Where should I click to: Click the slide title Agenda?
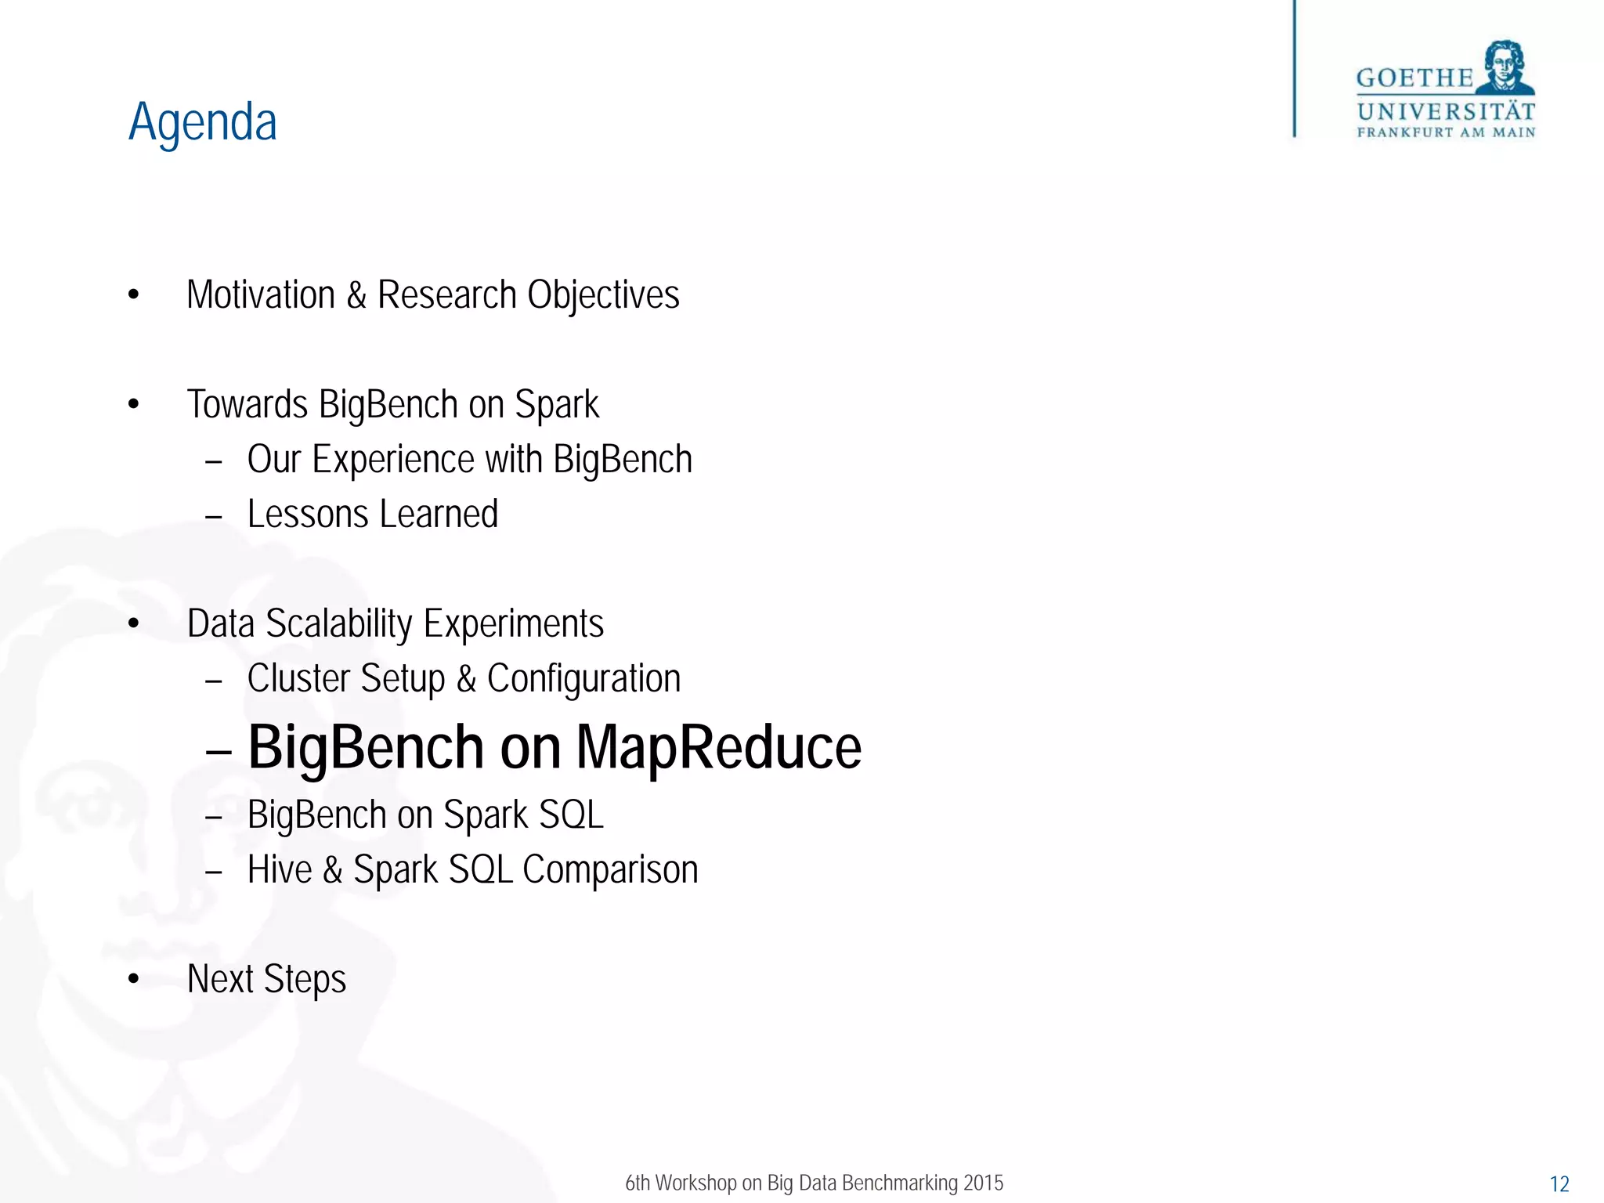[203, 123]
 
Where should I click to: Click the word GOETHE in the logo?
[1414, 78]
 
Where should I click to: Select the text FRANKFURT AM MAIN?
[1446, 132]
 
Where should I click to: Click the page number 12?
[1559, 1184]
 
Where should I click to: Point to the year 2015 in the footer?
[983, 1183]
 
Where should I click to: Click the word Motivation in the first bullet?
[261, 295]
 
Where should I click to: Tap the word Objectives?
[603, 295]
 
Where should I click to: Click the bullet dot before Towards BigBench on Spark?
[134, 405]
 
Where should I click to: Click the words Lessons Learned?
[373, 515]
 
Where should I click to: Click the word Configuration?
[583, 679]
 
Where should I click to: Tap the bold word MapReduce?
[718, 748]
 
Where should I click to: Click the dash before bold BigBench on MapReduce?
[219, 752]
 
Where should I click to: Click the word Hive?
[280, 870]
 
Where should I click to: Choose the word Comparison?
[610, 870]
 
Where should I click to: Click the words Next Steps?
[266, 979]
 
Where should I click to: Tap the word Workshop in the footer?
[695, 1183]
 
